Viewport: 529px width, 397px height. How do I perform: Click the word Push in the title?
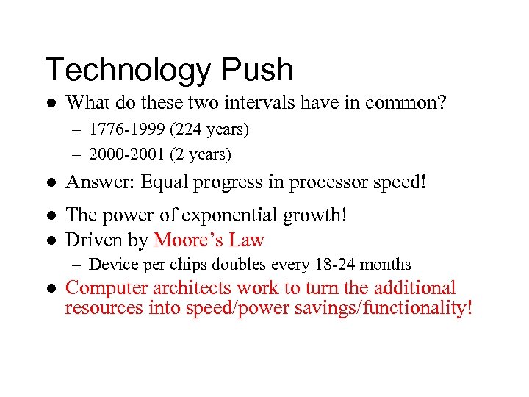256,71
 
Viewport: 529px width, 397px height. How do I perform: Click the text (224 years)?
209,130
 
